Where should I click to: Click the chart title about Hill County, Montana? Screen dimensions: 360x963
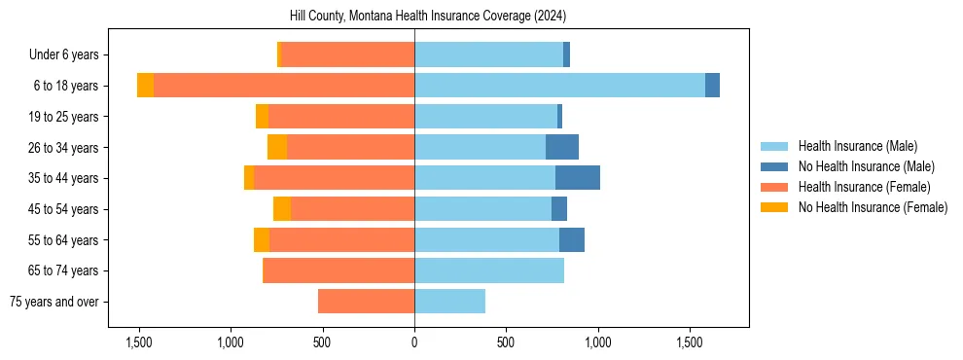428,17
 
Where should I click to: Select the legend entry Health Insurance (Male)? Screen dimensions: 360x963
857,146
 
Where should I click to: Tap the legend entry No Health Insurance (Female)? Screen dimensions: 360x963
873,207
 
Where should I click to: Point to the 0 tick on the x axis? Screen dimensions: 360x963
414,342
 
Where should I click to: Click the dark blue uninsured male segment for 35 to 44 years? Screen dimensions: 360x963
578,178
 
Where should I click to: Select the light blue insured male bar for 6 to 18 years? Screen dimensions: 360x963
559,86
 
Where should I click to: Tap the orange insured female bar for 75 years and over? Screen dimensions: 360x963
366,302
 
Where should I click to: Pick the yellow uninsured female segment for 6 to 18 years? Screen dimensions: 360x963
145,86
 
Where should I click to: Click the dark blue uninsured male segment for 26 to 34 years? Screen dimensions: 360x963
562,147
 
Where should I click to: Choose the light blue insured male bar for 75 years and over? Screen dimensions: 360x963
449,302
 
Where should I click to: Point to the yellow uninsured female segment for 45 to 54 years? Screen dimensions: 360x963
282,209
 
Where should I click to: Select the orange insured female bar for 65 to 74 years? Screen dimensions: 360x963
339,270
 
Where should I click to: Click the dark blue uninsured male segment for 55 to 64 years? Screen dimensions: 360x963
572,239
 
